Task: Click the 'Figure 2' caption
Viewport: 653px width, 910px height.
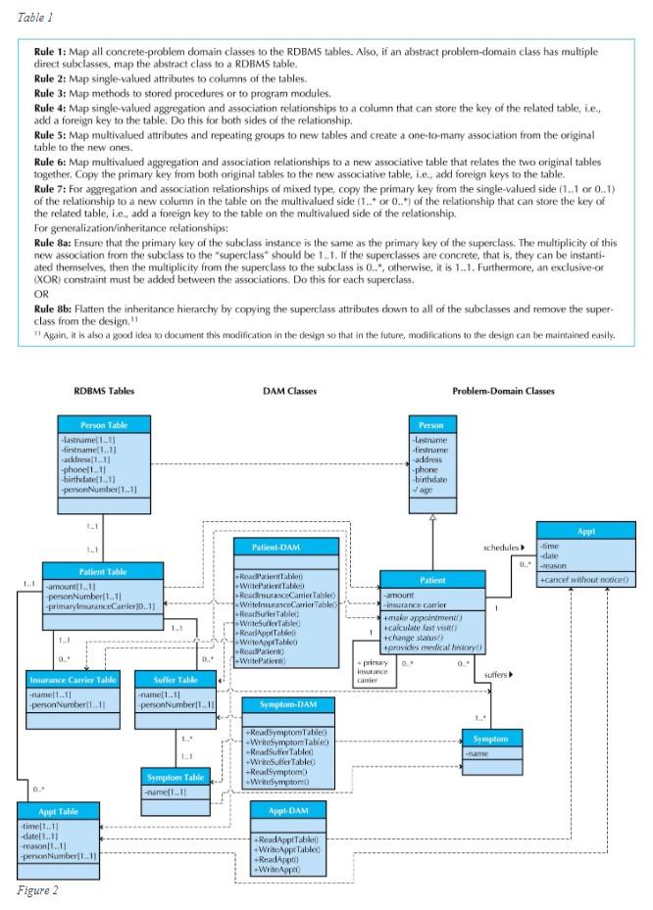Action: point(38,889)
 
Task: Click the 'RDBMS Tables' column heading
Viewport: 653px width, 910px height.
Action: point(104,391)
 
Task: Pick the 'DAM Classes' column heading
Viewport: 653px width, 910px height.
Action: point(289,391)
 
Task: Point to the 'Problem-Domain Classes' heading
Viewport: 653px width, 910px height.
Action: point(503,391)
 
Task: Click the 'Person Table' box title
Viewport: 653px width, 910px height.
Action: point(104,425)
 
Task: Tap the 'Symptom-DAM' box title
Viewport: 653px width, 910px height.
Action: point(286,704)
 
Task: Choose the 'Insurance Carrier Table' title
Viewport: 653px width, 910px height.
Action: point(73,679)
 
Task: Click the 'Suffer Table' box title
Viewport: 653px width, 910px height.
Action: point(176,679)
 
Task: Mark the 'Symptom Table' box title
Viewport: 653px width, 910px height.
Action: point(181,777)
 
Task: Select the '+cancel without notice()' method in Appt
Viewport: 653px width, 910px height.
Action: point(584,580)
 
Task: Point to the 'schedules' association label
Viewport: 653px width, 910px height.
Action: point(502,547)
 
